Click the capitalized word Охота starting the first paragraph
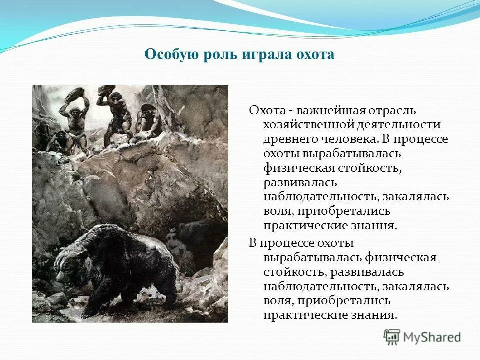[266, 110]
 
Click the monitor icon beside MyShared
[392, 337]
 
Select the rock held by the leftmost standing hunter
[76, 93]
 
